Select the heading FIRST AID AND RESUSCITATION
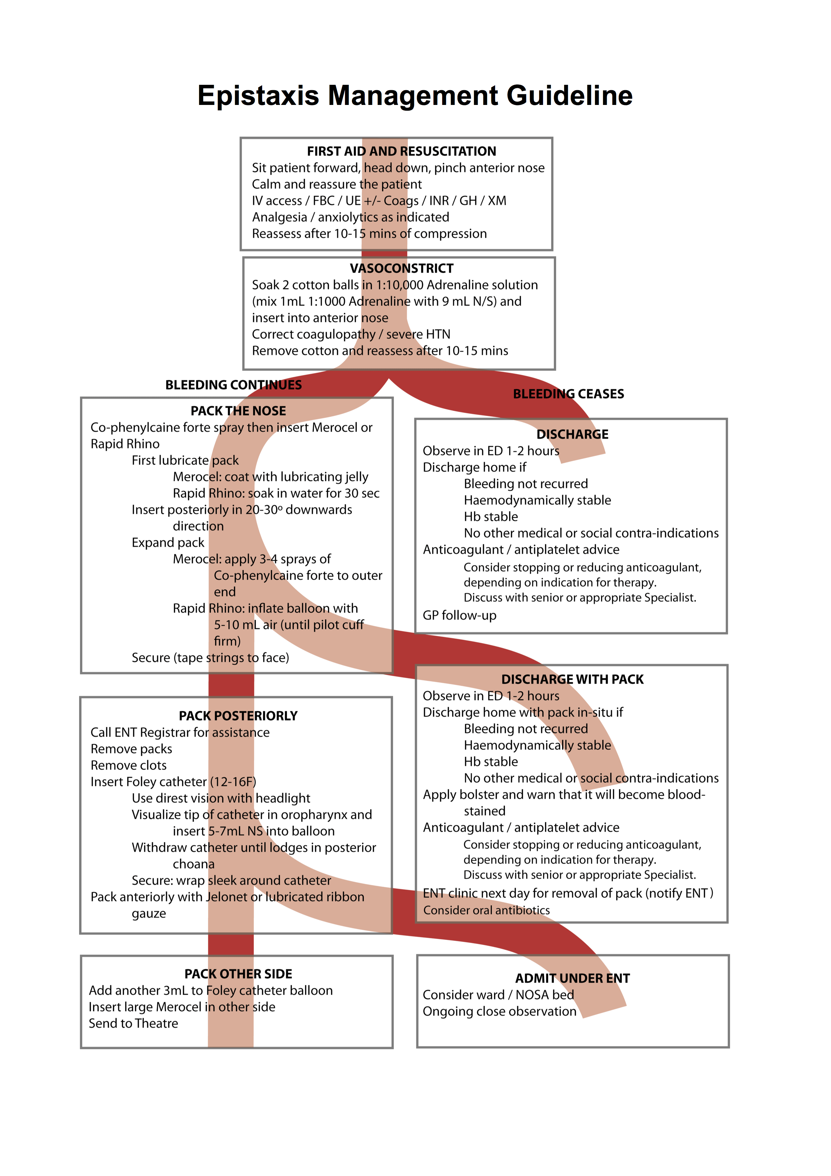[x=401, y=151]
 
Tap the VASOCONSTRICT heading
[x=401, y=269]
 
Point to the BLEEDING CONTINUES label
[x=234, y=385]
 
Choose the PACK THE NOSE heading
[x=238, y=411]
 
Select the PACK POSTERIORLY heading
[x=238, y=715]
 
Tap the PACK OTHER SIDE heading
[x=238, y=974]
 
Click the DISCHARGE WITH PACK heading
[x=572, y=679]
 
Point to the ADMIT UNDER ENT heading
[x=572, y=978]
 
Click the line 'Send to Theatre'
[x=134, y=1023]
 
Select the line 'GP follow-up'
[x=459, y=615]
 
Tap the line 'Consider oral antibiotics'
[x=486, y=910]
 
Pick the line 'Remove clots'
[x=128, y=765]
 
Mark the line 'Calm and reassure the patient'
[x=337, y=184]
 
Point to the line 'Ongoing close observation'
[x=499, y=1012]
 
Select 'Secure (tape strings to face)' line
[x=211, y=658]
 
